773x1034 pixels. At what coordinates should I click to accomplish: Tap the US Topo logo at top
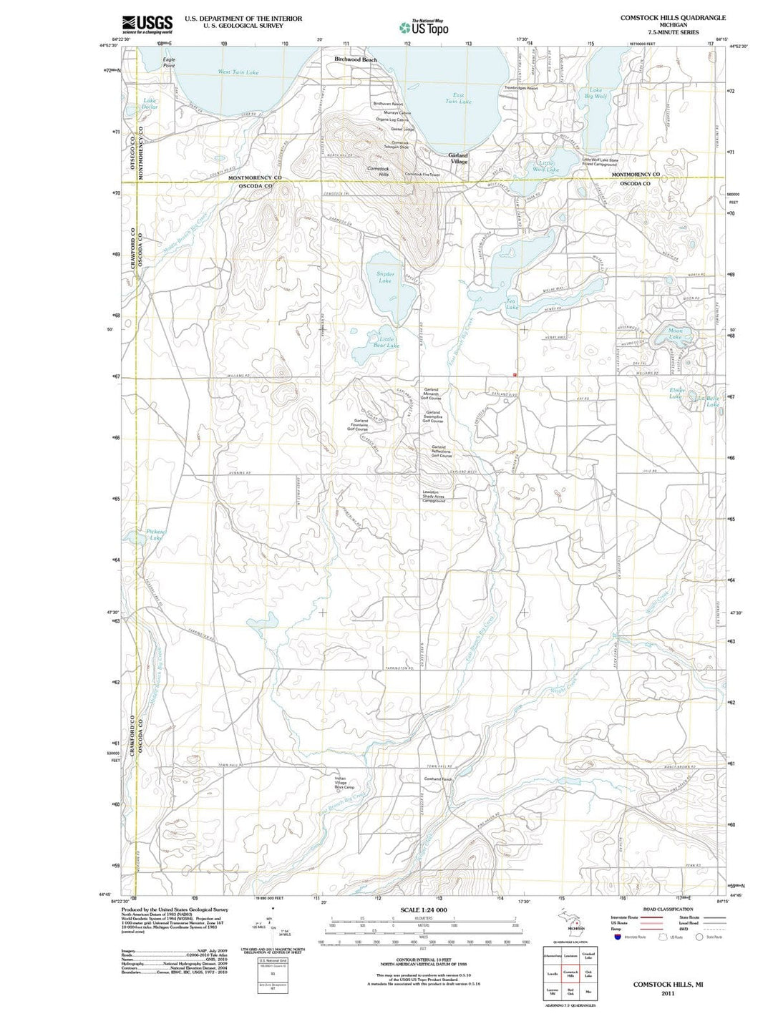[424, 27]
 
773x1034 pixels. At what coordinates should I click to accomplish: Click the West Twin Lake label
[238, 72]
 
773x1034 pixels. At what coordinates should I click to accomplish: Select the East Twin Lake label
[458, 98]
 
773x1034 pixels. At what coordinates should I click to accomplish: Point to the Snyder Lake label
[385, 277]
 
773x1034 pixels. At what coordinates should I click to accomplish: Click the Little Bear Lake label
[386, 342]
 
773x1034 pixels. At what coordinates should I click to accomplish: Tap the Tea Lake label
[512, 304]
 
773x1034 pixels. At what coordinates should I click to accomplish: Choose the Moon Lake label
[675, 333]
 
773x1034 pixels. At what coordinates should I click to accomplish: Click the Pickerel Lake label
[155, 535]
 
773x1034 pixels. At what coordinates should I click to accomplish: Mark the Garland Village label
[458, 158]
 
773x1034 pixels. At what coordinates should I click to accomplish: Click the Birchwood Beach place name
[356, 59]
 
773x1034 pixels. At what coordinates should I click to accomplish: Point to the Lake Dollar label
[150, 104]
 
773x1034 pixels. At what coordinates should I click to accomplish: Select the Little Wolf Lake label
[545, 166]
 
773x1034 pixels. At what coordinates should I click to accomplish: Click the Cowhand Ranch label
[438, 779]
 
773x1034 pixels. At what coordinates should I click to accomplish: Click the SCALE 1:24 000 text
[424, 910]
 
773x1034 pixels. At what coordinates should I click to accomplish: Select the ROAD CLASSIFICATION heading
[668, 909]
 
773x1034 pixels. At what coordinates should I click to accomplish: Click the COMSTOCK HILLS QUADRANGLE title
[673, 17]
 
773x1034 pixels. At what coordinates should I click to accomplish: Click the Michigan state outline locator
[570, 918]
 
